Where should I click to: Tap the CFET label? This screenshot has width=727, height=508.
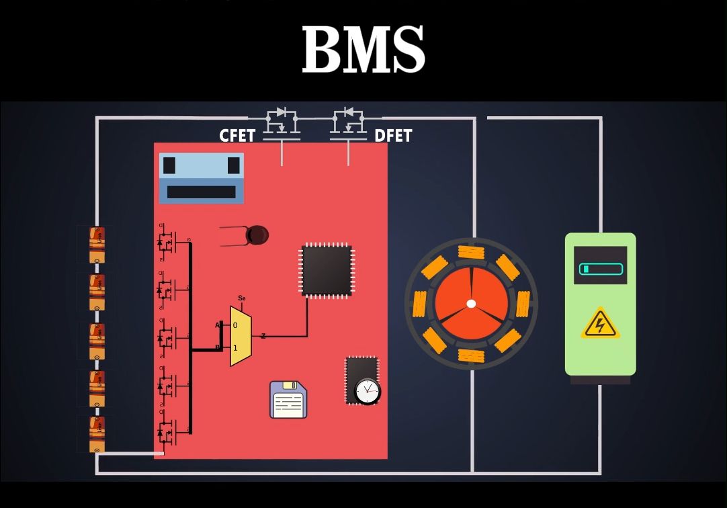pos(237,136)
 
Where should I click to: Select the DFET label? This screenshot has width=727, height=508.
pos(393,136)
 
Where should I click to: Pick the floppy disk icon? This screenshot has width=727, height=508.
pos(288,400)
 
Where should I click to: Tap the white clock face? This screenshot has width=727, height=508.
pos(367,390)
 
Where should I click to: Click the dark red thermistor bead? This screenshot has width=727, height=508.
pos(257,235)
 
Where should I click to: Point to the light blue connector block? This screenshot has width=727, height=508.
pos(202,177)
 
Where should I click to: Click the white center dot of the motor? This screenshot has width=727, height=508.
pos(471,304)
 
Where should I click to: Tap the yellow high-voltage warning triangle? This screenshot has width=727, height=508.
pos(600,324)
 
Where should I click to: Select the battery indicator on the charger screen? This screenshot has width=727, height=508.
pos(601,269)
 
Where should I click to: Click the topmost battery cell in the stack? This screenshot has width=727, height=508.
pos(97,244)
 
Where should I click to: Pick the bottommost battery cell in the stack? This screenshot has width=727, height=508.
pos(97,434)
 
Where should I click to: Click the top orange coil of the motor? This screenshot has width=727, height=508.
pos(471,253)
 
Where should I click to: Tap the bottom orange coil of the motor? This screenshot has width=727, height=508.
pos(471,355)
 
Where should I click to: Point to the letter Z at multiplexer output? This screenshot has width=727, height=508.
pos(263,336)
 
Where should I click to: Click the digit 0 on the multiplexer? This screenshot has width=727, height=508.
pos(235,325)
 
